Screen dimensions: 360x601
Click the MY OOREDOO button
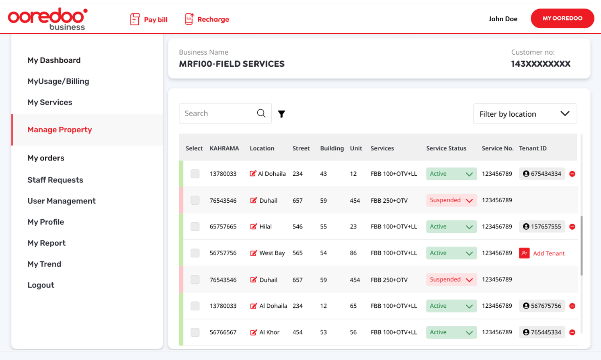pos(562,19)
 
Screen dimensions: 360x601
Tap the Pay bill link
pos(149,19)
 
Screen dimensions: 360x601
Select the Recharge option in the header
pos(207,19)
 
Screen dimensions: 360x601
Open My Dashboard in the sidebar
pos(54,60)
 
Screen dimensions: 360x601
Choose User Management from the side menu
pos(62,201)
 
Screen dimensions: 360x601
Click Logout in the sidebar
pos(41,285)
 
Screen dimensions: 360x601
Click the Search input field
pos(219,113)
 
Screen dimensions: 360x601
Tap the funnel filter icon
pos(281,114)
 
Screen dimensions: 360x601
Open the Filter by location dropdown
pos(525,114)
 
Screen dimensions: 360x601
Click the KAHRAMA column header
pos(224,148)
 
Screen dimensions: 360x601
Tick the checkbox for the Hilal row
pos(195,226)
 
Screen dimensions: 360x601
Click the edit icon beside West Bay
pos(253,253)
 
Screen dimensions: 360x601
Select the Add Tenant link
pos(548,253)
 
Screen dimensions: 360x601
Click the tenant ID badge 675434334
pos(542,174)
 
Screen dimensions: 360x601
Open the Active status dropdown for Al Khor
pos(451,332)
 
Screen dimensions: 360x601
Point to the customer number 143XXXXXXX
pos(540,64)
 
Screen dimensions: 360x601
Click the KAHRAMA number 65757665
pos(223,226)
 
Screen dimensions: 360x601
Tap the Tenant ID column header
pos(533,148)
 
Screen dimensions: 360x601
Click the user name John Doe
pos(503,19)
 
